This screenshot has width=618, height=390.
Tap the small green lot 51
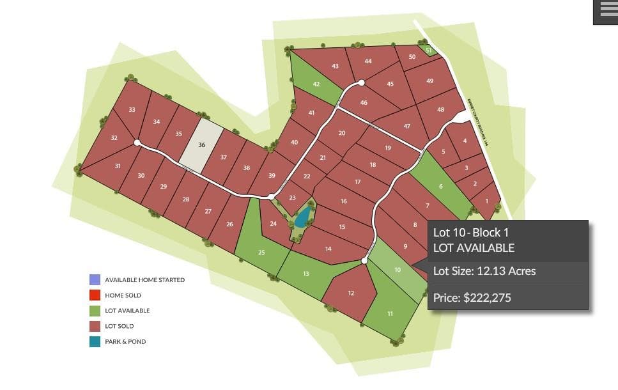[428, 50]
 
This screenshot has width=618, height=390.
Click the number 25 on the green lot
[261, 253]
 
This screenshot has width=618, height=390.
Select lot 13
[305, 274]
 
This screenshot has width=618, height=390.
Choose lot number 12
[351, 293]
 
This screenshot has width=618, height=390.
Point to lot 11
[390, 313]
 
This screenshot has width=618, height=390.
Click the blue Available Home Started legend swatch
[95, 280]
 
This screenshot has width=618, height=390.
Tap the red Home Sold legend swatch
[95, 295]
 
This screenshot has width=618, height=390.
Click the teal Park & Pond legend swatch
[95, 341]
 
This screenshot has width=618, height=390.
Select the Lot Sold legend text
[120, 326]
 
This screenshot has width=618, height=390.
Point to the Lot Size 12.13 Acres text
[484, 271]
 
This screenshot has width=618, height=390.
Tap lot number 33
[132, 109]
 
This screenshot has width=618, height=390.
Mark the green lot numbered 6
[440, 186]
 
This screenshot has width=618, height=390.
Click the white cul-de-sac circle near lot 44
[361, 82]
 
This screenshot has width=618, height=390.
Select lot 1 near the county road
[487, 201]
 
